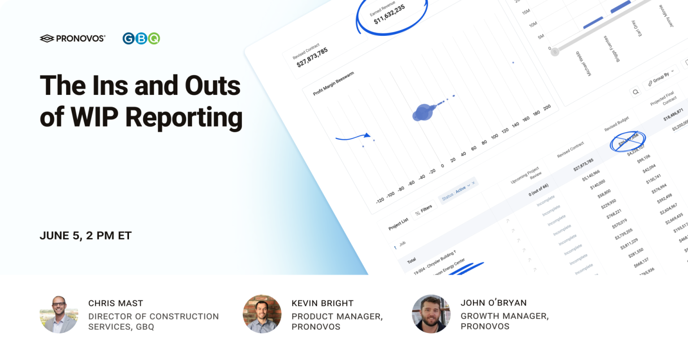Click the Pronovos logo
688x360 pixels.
73,39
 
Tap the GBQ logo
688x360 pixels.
141,39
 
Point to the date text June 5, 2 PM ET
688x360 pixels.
86,236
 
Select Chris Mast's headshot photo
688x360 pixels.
59,314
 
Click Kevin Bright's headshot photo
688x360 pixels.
262,314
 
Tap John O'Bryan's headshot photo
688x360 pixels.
431,314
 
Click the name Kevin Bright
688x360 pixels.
322,303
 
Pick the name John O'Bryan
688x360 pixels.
494,303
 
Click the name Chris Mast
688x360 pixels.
116,303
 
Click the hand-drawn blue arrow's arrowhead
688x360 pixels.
367,135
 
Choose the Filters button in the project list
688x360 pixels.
423,210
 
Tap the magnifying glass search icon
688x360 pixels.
635,92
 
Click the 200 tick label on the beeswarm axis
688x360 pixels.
546,108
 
